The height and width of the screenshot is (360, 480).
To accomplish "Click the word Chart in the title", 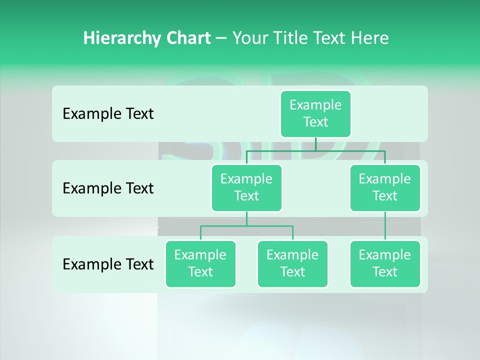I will pyautogui.click(x=188, y=38).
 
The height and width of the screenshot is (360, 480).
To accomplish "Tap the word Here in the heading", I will pyautogui.click(x=369, y=38).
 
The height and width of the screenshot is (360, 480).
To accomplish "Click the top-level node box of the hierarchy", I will pyautogui.click(x=315, y=113).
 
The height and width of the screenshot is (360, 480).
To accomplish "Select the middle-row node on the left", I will pyautogui.click(x=246, y=187).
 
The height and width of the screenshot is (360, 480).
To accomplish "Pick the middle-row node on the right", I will pyautogui.click(x=385, y=187).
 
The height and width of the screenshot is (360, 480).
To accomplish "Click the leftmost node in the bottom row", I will pyautogui.click(x=200, y=263).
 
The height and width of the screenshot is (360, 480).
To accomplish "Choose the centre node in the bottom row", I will pyautogui.click(x=292, y=263).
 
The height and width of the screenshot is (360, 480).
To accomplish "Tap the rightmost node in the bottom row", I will pyautogui.click(x=385, y=263).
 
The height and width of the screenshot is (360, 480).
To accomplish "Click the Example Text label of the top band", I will pyautogui.click(x=108, y=114).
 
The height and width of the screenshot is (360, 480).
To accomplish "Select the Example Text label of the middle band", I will pyautogui.click(x=108, y=188).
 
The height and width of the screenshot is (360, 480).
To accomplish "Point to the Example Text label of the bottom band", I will pyautogui.click(x=108, y=264).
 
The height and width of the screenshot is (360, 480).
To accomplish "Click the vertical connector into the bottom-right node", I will pyautogui.click(x=385, y=226).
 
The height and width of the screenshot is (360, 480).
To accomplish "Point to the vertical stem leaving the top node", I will pyautogui.click(x=315, y=144).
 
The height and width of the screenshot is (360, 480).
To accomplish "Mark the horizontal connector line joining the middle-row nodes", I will pyautogui.click(x=315, y=150).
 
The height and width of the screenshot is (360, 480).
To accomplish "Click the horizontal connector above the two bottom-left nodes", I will pyautogui.click(x=246, y=226).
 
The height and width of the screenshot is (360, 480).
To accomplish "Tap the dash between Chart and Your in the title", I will pyautogui.click(x=221, y=38).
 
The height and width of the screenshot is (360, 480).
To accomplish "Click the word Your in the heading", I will pyautogui.click(x=249, y=38).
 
